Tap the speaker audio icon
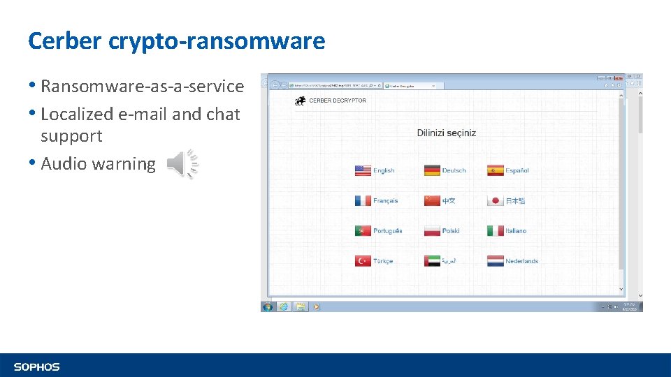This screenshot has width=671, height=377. [182, 164]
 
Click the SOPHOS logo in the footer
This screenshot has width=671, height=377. [37, 367]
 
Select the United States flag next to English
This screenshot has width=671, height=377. [363, 170]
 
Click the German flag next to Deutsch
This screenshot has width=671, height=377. [432, 170]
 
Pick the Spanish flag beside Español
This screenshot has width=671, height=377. [496, 170]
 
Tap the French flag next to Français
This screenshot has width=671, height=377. [363, 200]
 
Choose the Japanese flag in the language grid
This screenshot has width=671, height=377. [496, 200]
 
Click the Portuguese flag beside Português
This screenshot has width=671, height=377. [363, 230]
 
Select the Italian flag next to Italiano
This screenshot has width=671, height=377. [496, 230]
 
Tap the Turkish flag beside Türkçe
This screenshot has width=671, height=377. [363, 261]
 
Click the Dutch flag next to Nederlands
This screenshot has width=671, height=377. [496, 261]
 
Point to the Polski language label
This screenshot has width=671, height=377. [451, 230]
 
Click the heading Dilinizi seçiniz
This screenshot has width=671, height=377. [446, 133]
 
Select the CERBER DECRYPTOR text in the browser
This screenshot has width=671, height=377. [338, 101]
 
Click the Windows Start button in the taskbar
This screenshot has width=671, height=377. [267, 306]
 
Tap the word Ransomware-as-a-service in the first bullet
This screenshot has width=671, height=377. [143, 87]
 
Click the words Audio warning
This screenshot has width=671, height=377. [98, 164]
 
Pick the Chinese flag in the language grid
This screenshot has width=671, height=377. [432, 200]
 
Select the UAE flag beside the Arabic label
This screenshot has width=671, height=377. [432, 261]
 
